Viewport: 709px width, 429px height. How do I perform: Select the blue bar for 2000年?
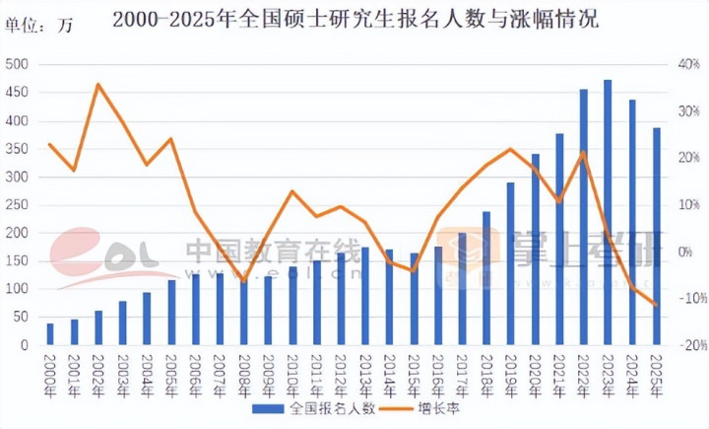coord(50,334)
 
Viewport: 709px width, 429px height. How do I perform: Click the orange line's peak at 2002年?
coord(98,84)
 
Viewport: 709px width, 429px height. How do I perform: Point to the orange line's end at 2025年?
coord(656,305)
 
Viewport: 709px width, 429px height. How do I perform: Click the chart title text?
coord(354,20)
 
